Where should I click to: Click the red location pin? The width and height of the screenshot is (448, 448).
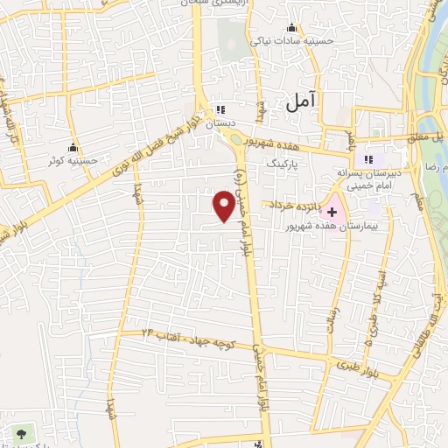pos(225,206)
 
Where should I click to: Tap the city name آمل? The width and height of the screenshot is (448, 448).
pos(299,101)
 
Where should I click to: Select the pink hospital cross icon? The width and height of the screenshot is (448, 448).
pos(332,212)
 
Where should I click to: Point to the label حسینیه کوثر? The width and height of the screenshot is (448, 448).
pos(73,162)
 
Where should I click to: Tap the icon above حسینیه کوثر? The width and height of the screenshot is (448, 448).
pos(73,147)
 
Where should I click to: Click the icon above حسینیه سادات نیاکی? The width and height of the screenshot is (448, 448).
pos(280,26)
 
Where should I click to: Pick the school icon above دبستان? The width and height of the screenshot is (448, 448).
pos(220,110)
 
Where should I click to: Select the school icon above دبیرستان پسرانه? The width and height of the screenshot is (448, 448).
pos(368,158)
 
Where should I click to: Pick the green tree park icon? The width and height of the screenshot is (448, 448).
pos(19,432)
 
